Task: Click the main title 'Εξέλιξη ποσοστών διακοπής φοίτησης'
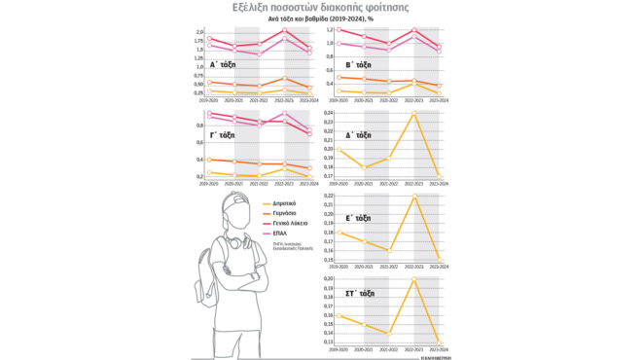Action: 321,8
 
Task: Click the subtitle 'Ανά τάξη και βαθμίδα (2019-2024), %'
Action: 321,19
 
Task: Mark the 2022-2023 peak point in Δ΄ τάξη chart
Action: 415,113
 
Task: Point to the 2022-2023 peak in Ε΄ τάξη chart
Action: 415,197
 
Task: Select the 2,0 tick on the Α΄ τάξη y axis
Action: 199,32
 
